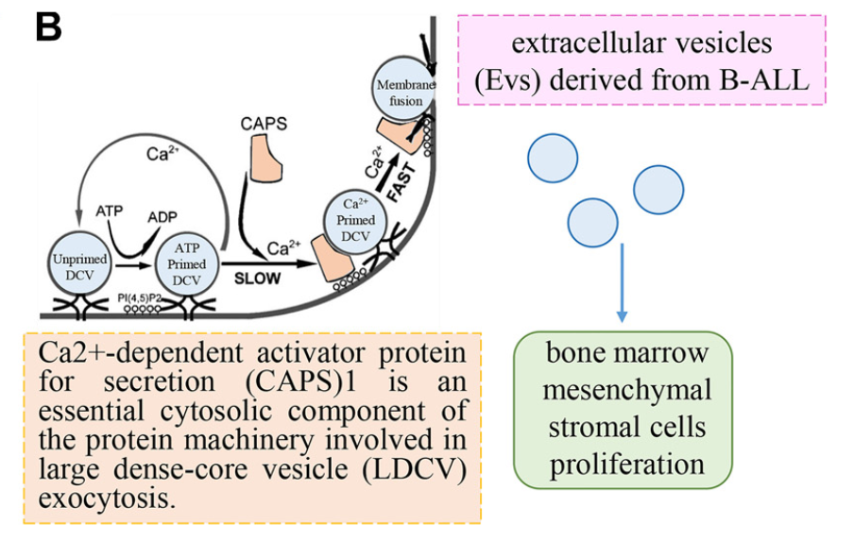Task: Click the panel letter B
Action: pos(48,26)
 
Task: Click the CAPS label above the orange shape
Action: pos(264,123)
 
